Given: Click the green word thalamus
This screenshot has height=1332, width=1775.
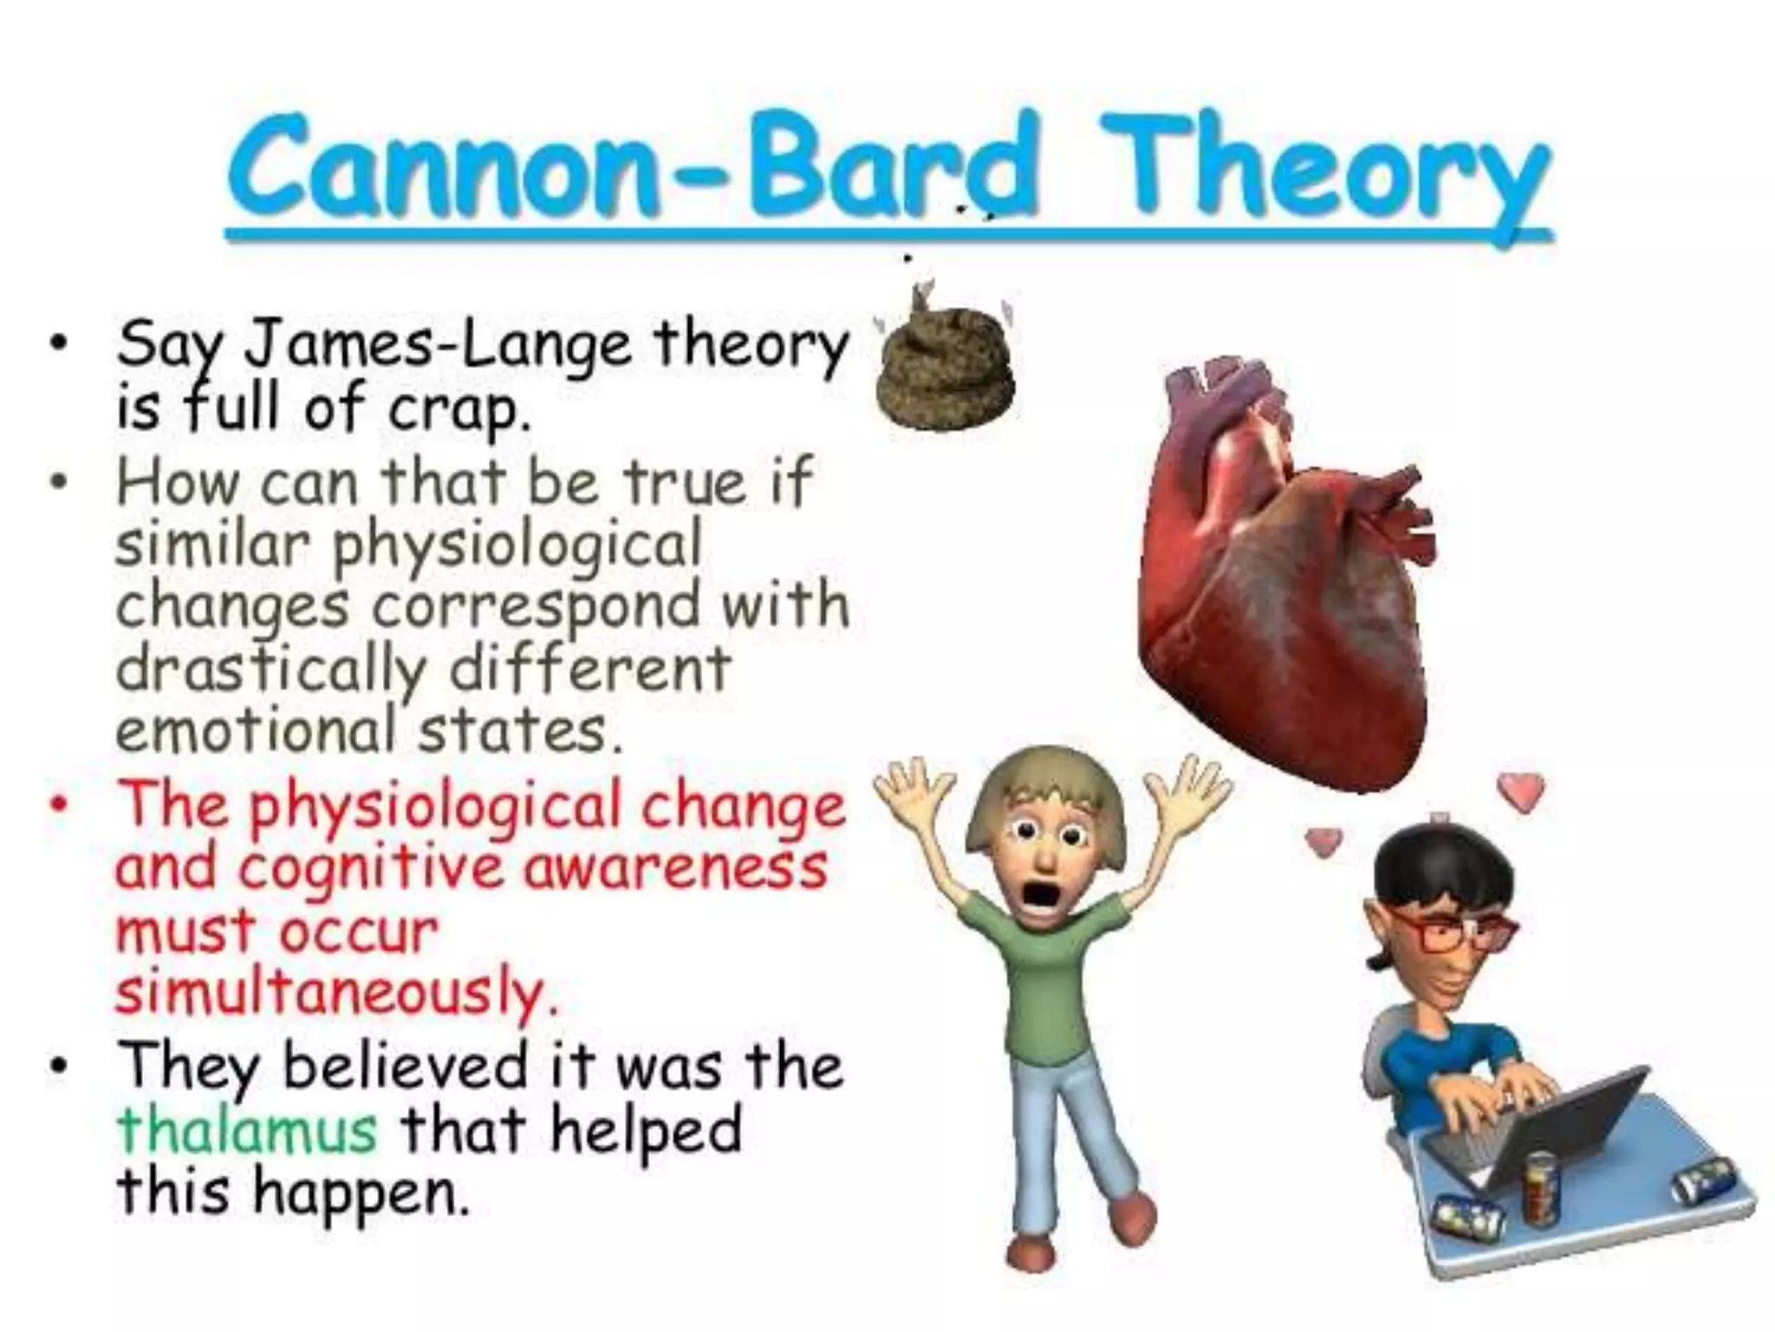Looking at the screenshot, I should click(247, 1129).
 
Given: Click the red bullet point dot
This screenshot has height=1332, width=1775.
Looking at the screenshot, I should click(59, 806).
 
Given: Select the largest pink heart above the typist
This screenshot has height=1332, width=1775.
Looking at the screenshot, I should click(1522, 789).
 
